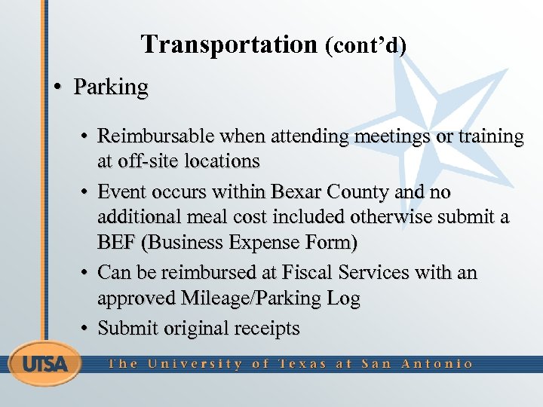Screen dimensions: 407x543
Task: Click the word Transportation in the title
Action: coord(229,45)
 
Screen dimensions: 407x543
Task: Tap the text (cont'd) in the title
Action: coord(365,46)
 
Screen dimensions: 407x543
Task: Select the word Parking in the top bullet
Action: coord(111,87)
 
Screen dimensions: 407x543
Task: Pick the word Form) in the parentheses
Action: coord(329,243)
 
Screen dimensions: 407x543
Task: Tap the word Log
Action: coord(343,298)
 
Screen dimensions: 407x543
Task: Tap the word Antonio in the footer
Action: coord(437,363)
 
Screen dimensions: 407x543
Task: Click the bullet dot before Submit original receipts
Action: coord(87,329)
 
